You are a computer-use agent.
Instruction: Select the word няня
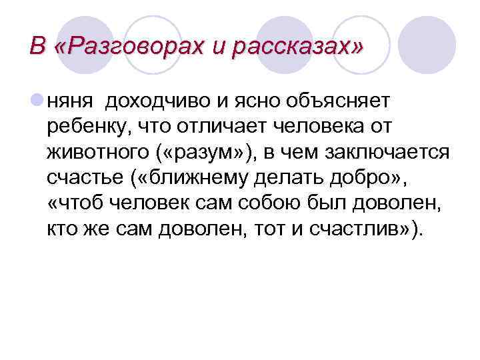pyautogui.click(x=69, y=100)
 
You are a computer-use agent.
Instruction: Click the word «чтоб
pyautogui.click(x=74, y=204)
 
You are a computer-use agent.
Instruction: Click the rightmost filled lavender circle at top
pyautogui.click(x=431, y=37)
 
